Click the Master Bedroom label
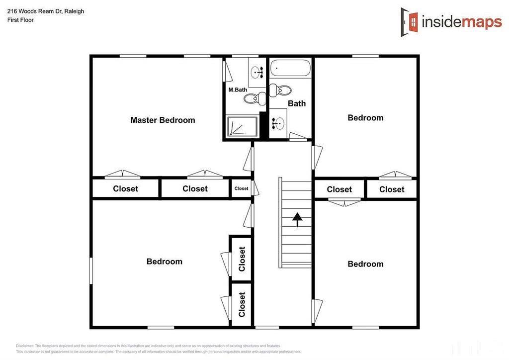[x=163, y=120]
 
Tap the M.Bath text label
[x=238, y=90]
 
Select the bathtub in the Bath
[x=290, y=68]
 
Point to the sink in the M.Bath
[x=257, y=73]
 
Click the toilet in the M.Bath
[x=253, y=98]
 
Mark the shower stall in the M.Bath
[x=242, y=126]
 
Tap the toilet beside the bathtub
[x=282, y=90]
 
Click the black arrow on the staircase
[x=297, y=219]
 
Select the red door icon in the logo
[x=411, y=22]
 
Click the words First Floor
[x=20, y=20]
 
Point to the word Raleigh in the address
[x=74, y=11]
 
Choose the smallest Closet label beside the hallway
[x=241, y=188]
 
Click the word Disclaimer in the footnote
[x=24, y=346]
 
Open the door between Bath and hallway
[x=298, y=137]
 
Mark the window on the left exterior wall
[x=91, y=270]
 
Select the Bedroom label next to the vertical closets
[x=164, y=262]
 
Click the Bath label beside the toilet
[x=297, y=103]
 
